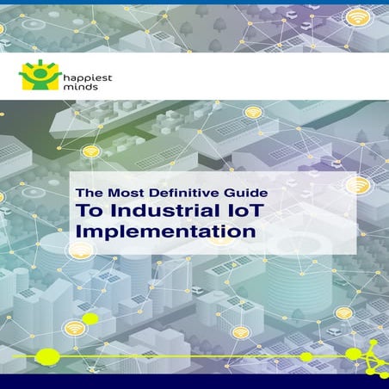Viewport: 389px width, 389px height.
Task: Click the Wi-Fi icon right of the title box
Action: click(362, 185)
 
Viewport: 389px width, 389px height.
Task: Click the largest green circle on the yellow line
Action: click(48, 355)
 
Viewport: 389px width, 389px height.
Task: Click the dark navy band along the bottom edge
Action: click(194, 381)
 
